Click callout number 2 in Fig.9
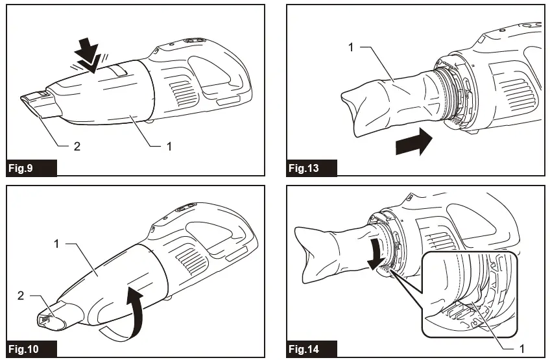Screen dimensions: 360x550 click(77, 147)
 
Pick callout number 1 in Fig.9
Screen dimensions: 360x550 click(169, 147)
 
